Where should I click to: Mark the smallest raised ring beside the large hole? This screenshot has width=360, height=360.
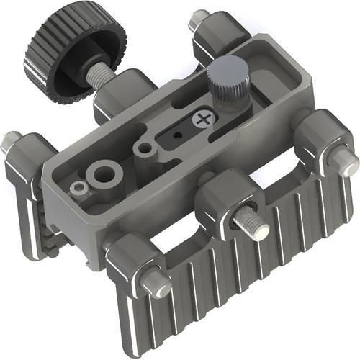78,188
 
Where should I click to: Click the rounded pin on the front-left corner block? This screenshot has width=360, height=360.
155,283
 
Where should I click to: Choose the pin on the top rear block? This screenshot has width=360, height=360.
198,19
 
